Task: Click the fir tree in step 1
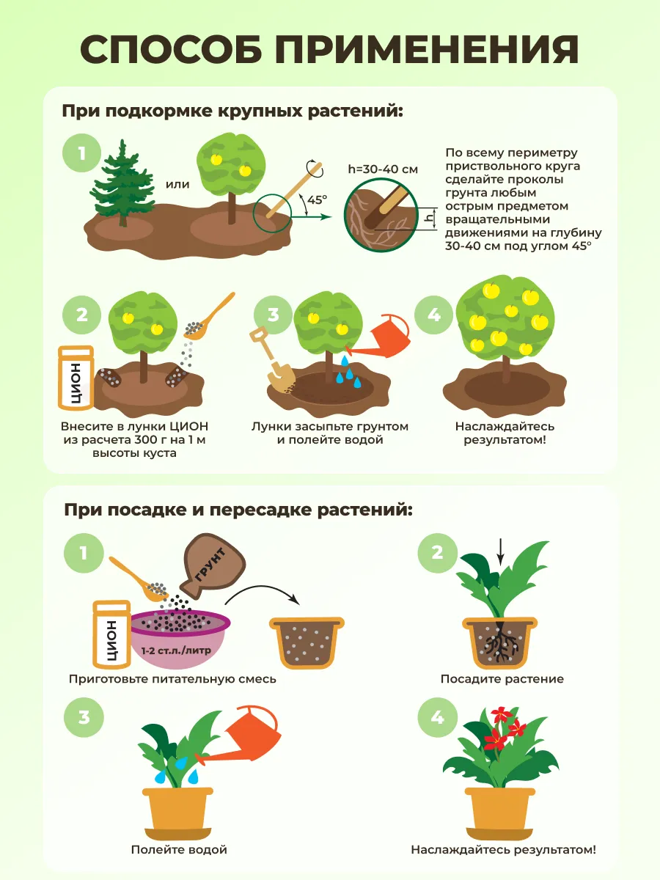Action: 122,183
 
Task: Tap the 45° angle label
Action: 317,199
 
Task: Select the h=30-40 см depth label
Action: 383,169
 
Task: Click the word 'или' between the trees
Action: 177,184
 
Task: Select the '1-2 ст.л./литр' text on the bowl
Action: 175,650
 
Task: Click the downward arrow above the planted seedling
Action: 500,557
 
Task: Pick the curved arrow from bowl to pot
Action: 263,589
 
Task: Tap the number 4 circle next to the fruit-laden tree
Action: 434,315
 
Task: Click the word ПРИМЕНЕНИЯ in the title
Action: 427,49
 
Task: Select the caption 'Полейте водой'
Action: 179,849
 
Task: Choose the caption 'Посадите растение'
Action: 502,679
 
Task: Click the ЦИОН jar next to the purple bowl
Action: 111,634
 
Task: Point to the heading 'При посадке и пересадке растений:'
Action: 238,510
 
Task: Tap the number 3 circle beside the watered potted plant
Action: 84,717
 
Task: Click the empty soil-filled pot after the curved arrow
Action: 307,642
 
